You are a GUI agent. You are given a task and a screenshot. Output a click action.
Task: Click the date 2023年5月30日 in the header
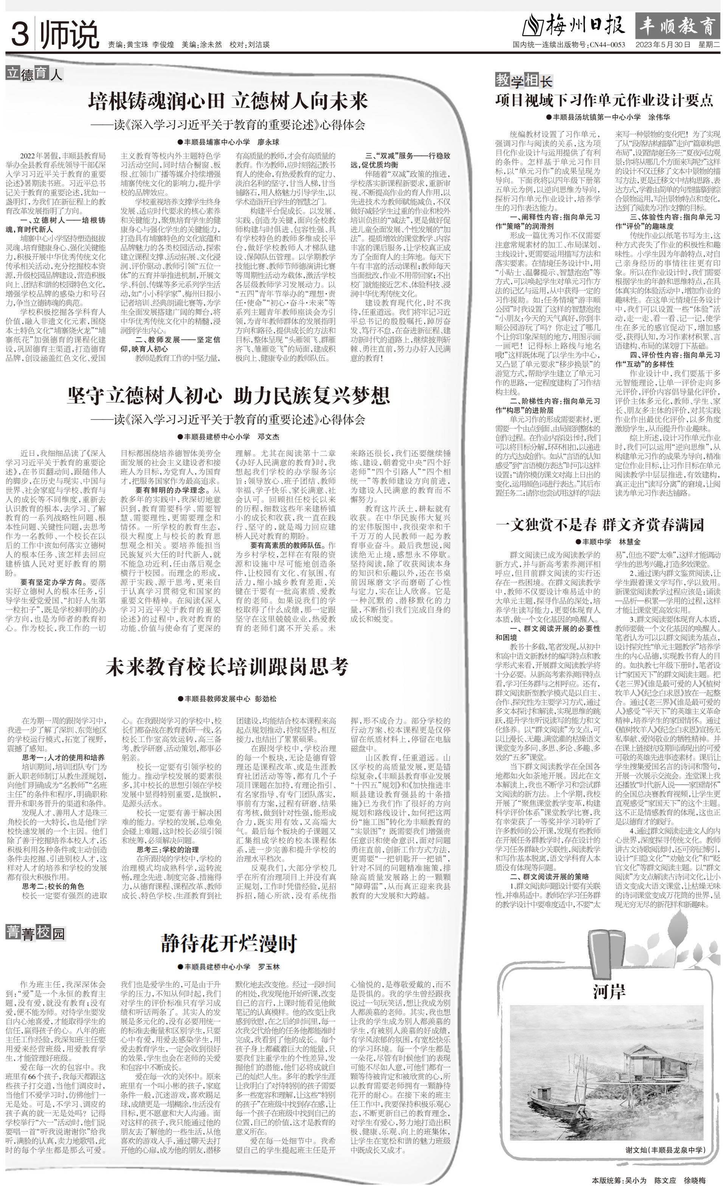[x=663, y=45]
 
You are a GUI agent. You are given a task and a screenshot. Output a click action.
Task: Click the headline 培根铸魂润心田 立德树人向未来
[x=228, y=101]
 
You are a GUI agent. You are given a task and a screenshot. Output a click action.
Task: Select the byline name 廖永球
[x=268, y=142]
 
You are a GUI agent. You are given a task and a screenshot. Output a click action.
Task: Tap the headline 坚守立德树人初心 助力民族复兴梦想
[x=228, y=396]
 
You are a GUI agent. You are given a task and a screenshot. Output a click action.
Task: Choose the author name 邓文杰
[x=268, y=437]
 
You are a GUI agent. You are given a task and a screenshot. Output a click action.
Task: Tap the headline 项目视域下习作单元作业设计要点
[x=604, y=100]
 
